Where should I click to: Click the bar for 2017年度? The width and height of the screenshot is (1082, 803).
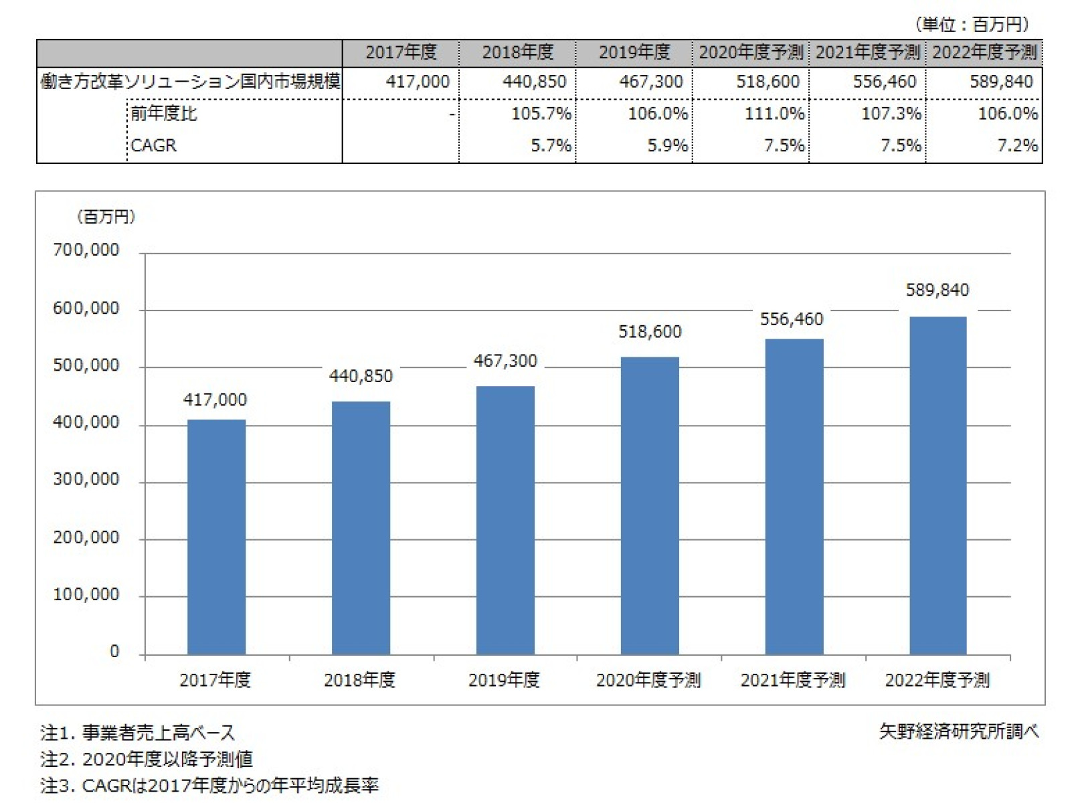click(216, 537)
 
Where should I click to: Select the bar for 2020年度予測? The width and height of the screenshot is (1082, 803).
click(650, 505)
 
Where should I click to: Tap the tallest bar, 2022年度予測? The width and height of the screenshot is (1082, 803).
click(937, 485)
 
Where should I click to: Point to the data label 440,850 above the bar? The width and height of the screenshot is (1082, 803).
click(361, 376)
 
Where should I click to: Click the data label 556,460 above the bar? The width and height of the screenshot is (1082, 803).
click(792, 319)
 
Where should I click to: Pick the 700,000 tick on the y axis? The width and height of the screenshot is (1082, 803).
click(86, 250)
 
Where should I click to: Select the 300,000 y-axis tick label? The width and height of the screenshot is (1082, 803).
click(86, 480)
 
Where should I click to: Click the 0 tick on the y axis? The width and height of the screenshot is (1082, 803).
click(114, 652)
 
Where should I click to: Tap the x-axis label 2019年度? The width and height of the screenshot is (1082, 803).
click(504, 681)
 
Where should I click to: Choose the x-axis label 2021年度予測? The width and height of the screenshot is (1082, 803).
click(793, 681)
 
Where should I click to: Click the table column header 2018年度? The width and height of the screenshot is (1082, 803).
click(518, 52)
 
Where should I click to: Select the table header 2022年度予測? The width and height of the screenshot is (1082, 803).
click(984, 52)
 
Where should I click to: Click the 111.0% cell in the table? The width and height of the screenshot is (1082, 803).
click(774, 114)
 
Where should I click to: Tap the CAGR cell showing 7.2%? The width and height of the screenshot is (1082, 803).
click(1017, 145)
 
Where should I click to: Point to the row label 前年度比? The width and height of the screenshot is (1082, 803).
click(164, 114)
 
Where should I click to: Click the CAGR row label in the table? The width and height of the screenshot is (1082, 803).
click(154, 145)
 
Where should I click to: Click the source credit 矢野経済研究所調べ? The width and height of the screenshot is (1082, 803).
click(959, 731)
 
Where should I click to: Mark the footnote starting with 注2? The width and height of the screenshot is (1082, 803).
click(147, 759)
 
